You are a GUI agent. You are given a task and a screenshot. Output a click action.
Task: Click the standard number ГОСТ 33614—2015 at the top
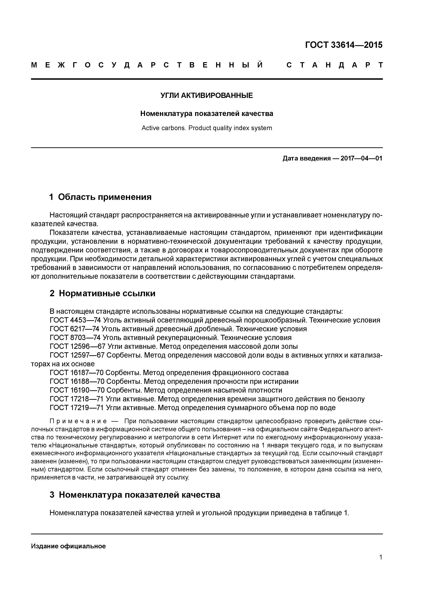[344, 45]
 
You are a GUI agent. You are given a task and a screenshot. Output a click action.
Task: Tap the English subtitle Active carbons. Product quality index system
[206, 128]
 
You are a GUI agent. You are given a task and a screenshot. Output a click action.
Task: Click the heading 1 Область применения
[100, 197]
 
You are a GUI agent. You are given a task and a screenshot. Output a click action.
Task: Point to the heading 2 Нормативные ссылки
[102, 293]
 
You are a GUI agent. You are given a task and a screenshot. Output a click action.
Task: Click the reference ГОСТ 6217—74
[74, 329]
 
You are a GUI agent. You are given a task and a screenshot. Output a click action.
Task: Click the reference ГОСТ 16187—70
[77, 373]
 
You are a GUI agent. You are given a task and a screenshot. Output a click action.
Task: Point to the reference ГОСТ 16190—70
[77, 390]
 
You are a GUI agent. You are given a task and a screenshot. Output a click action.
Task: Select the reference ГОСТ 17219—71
[77, 408]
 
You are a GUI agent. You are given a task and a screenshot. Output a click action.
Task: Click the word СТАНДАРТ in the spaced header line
[334, 65]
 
